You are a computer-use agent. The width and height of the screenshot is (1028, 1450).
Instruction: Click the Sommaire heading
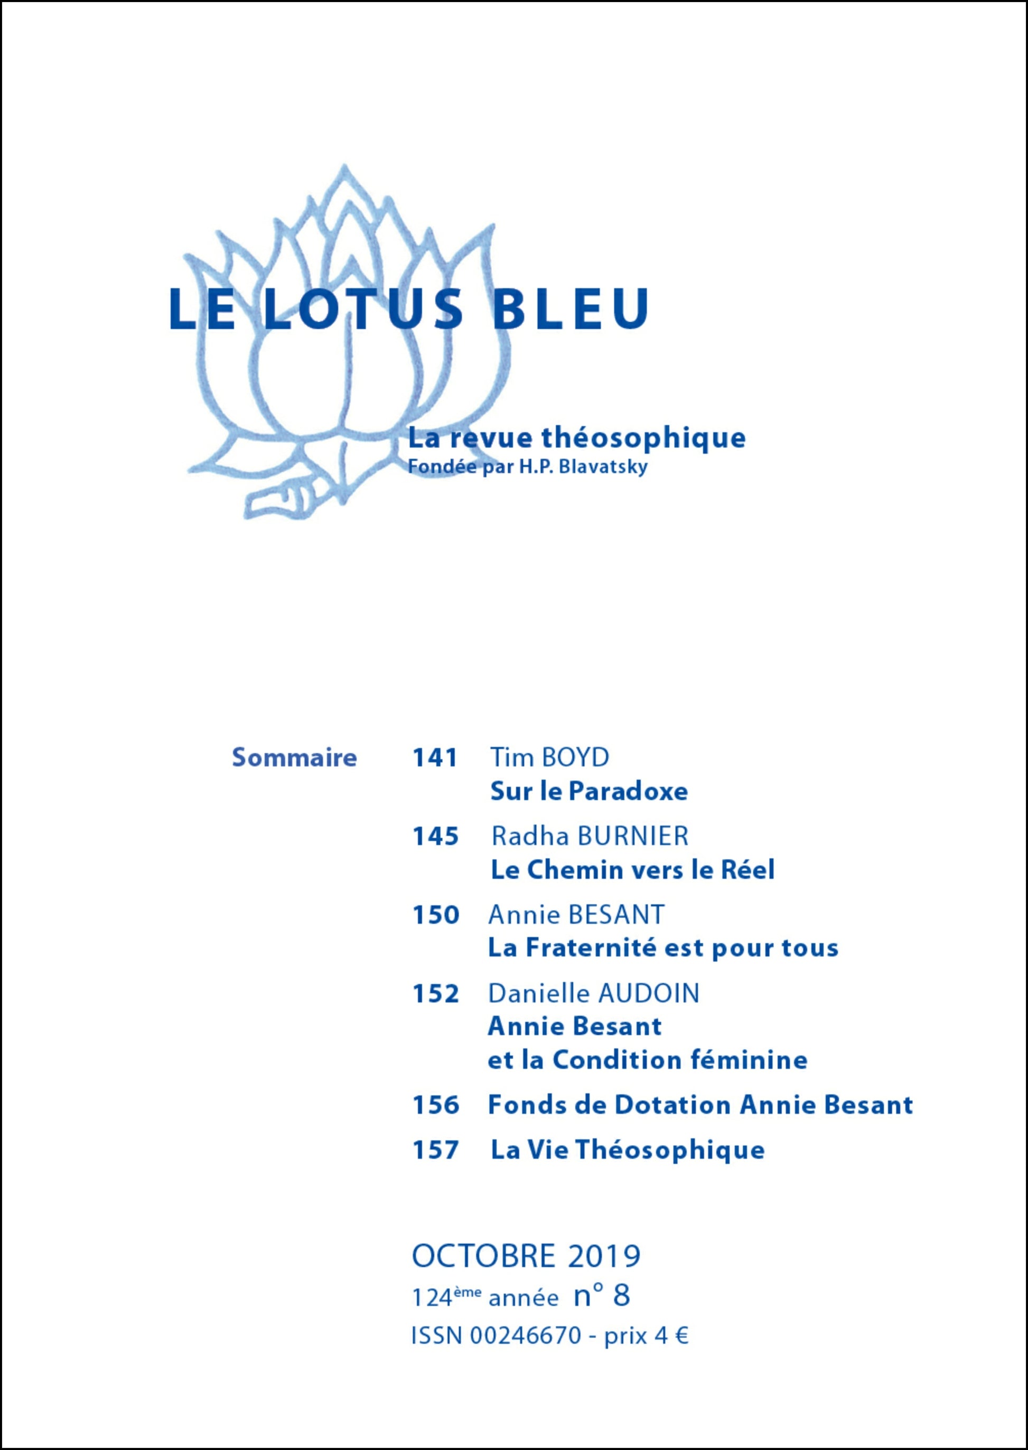click(x=294, y=757)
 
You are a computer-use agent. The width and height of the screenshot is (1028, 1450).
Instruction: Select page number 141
click(x=435, y=757)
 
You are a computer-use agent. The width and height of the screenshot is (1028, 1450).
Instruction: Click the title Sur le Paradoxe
click(x=588, y=791)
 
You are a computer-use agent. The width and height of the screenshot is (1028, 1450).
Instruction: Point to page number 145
click(x=435, y=837)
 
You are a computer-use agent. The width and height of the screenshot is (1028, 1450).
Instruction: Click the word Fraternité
click(x=593, y=948)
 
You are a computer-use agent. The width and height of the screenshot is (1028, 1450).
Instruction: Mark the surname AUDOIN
click(x=649, y=994)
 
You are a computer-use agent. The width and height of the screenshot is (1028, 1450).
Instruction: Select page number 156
click(x=435, y=1105)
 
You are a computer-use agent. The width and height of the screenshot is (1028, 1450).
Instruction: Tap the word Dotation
click(x=673, y=1105)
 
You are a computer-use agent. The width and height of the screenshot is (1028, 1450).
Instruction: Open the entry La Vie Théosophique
click(x=627, y=1149)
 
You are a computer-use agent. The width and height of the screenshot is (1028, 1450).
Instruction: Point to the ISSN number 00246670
click(x=526, y=1336)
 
